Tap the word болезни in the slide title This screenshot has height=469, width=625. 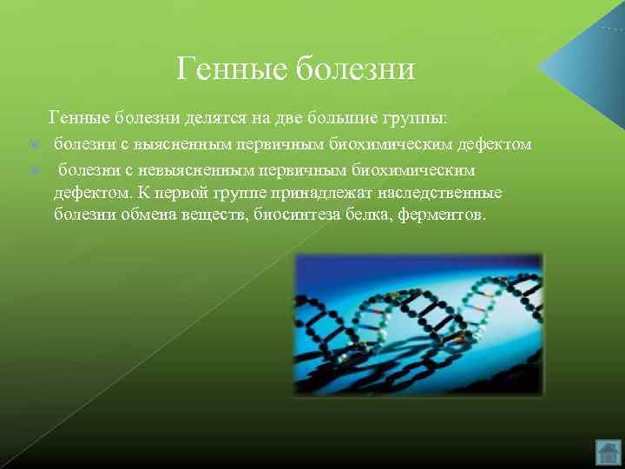pos(356,68)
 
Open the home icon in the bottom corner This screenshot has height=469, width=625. pos(608,452)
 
